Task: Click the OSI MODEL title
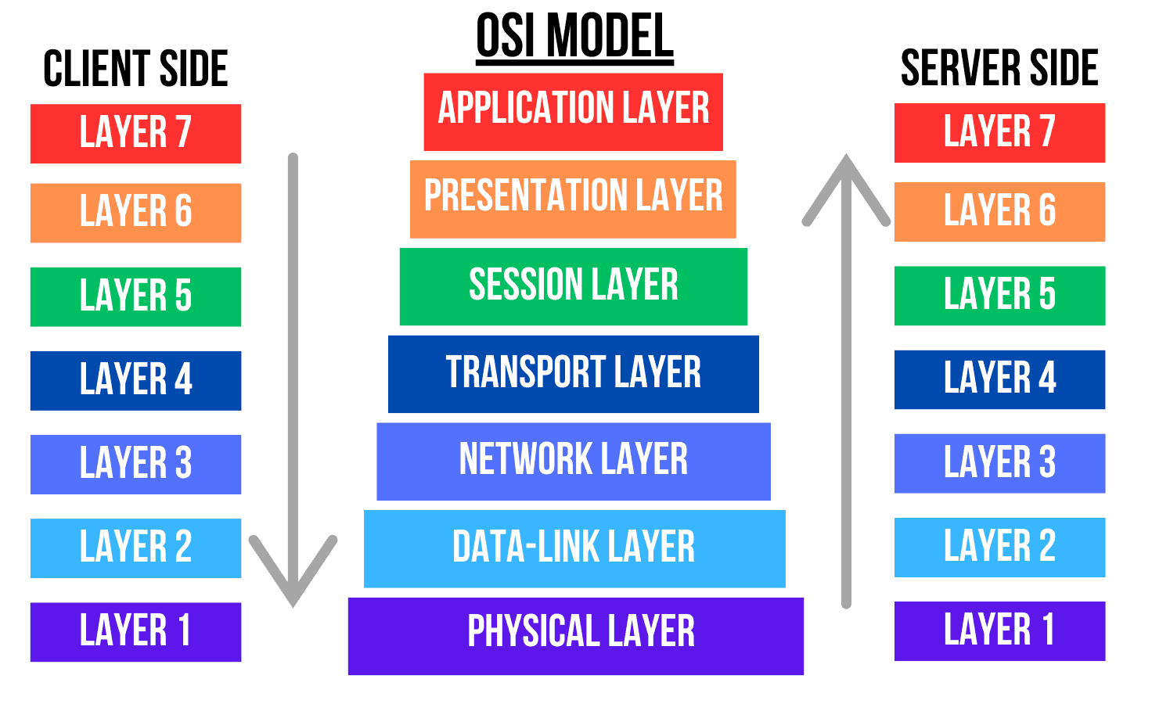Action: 574,36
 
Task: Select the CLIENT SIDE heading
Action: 135,68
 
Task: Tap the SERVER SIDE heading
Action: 999,68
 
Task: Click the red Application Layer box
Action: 573,111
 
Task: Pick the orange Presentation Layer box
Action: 573,199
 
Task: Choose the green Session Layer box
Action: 573,286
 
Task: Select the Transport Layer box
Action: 573,374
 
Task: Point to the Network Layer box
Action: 573,462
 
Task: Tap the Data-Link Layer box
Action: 574,548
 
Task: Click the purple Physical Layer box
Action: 575,635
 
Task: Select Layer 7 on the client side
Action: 135,134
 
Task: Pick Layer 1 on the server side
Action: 999,630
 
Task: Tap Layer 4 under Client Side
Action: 135,380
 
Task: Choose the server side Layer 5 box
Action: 999,296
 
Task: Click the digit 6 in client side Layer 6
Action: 183,212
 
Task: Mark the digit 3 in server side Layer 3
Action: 1047,462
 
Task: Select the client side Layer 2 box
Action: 135,548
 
